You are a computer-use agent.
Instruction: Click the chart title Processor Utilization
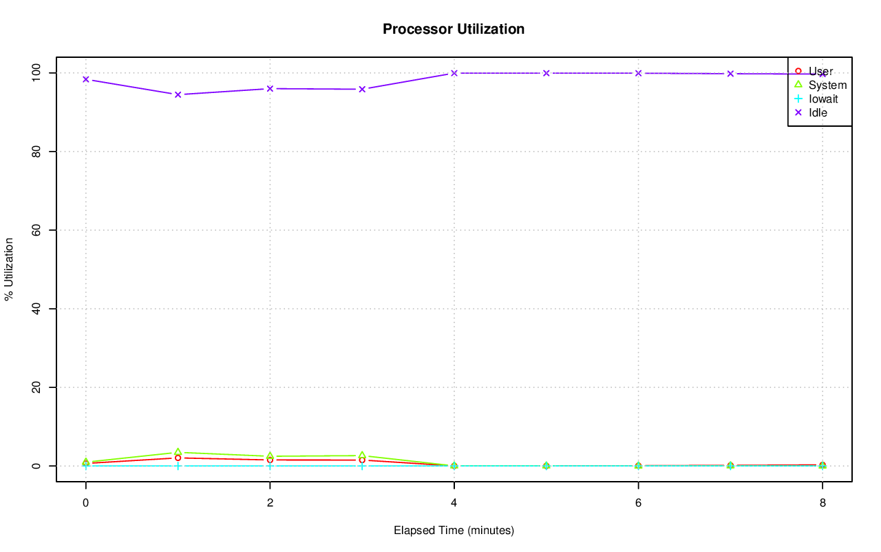[454, 29]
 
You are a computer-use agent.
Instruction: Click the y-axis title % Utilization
[9, 269]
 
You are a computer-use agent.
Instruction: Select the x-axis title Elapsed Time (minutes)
[454, 531]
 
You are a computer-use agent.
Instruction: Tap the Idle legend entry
[818, 112]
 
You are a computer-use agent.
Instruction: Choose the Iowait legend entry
[823, 99]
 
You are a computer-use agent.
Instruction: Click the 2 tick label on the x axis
[270, 503]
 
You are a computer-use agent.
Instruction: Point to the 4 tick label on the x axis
[454, 503]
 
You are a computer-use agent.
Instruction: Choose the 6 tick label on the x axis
[638, 503]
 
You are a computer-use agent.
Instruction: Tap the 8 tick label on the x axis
[822, 503]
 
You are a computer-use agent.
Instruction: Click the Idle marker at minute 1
[178, 94]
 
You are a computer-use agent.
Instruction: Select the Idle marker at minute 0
[86, 79]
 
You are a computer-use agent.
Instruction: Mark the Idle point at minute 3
[362, 89]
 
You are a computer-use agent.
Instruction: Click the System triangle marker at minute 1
[178, 452]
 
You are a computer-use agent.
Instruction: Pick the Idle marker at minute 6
[638, 73]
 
